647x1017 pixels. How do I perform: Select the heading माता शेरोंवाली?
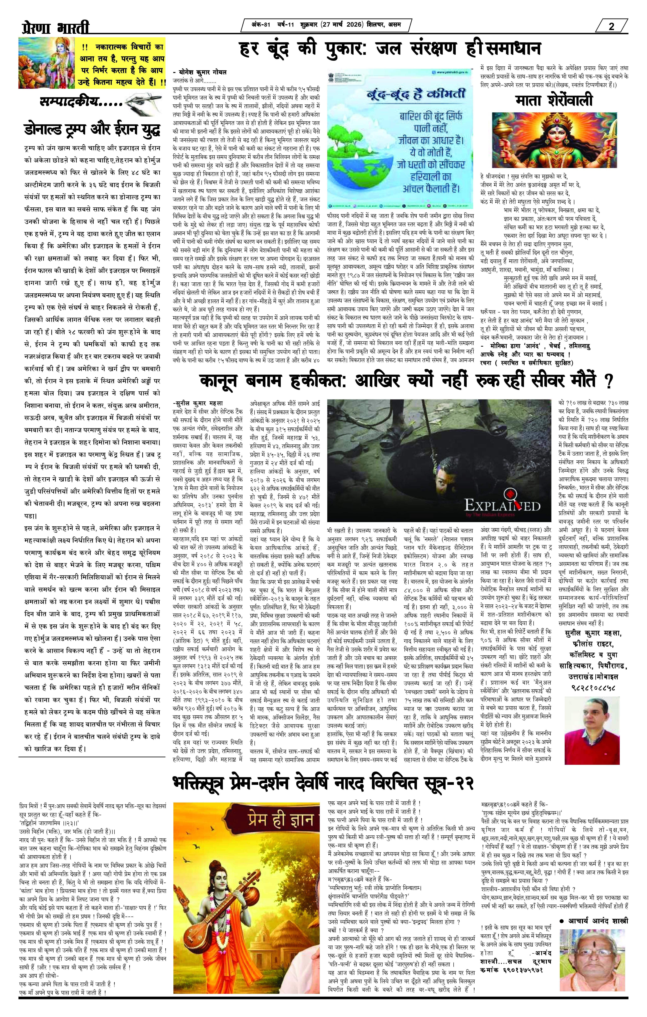coord(554,101)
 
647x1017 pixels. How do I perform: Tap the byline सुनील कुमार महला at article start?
coord(198,403)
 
